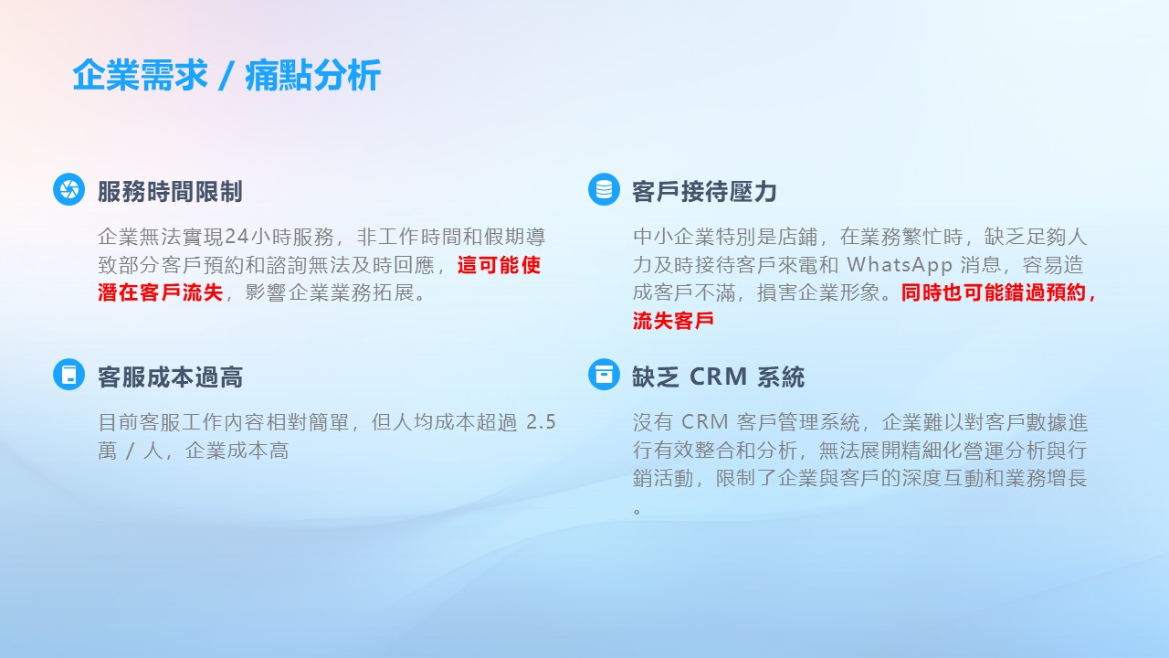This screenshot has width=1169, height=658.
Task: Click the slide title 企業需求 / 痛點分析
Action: coord(226,76)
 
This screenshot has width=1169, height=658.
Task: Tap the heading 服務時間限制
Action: coord(170,191)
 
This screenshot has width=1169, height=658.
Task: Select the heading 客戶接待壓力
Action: coord(704,191)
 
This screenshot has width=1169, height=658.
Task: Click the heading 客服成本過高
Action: coord(170,377)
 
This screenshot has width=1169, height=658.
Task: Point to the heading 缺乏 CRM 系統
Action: coord(719,377)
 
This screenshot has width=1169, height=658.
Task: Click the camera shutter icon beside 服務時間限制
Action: coord(68,189)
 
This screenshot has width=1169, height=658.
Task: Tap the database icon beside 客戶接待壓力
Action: coord(604,189)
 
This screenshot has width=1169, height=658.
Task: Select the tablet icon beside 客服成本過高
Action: coord(68,375)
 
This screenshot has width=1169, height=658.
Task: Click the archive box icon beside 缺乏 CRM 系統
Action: coord(604,375)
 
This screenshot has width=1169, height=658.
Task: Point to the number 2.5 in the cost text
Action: coord(542,422)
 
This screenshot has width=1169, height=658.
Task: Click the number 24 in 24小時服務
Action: coord(237,237)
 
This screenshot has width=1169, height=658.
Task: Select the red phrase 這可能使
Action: coord(499,265)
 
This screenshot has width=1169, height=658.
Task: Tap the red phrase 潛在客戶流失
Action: coord(160,292)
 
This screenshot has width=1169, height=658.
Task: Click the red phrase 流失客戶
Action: coord(673,320)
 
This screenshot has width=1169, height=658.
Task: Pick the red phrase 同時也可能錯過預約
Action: coord(993,292)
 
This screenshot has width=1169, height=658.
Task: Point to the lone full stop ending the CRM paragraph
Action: coord(637,510)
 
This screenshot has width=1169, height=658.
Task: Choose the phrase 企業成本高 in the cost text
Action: coord(237,451)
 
